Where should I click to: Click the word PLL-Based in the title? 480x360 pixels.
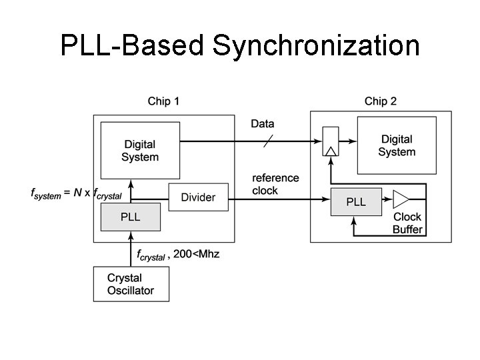[x=133, y=46]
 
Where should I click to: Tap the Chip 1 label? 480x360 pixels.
[x=163, y=101]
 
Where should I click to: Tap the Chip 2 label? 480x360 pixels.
[x=381, y=101]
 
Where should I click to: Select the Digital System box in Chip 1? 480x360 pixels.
[x=140, y=151]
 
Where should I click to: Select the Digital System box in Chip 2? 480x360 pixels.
[x=397, y=145]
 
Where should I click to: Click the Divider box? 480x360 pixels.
[x=198, y=197]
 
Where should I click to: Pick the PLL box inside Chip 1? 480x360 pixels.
[x=131, y=217]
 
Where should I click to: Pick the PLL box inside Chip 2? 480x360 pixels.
[x=356, y=201]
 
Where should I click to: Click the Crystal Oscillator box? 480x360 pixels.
[x=131, y=284]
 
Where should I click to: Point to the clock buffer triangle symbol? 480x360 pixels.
[x=401, y=199]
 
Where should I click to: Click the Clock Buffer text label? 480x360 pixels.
[x=407, y=223]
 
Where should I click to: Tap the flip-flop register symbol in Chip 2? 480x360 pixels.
[x=330, y=141]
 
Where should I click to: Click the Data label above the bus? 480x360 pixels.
[x=262, y=124]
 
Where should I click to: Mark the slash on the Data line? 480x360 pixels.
[x=268, y=141]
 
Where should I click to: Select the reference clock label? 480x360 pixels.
[x=275, y=184]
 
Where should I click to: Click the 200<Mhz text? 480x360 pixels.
[x=196, y=255]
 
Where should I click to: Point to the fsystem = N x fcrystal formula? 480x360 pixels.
[x=76, y=193]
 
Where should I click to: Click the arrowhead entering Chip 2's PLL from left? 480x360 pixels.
[x=327, y=198]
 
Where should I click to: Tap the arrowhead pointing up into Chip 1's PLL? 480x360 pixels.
[x=131, y=235]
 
